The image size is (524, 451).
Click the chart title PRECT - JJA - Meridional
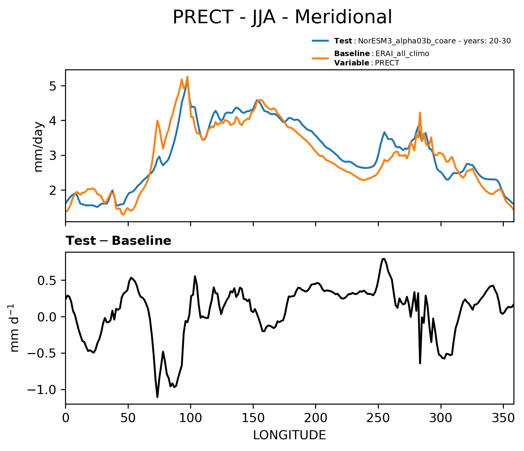coord(282,17)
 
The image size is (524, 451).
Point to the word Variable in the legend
coord(351,63)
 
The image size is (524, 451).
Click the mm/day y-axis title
coord(39,147)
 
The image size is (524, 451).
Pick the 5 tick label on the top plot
coord(53,86)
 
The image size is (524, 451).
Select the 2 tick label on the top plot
coord(53,190)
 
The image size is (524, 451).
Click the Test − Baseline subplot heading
coord(118,241)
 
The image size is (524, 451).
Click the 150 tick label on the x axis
coord(253,418)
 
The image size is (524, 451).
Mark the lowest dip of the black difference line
coord(157,397)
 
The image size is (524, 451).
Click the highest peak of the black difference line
coord(383,259)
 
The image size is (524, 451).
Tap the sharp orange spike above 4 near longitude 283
coord(420,112)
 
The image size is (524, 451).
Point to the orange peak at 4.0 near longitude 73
coord(157,121)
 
